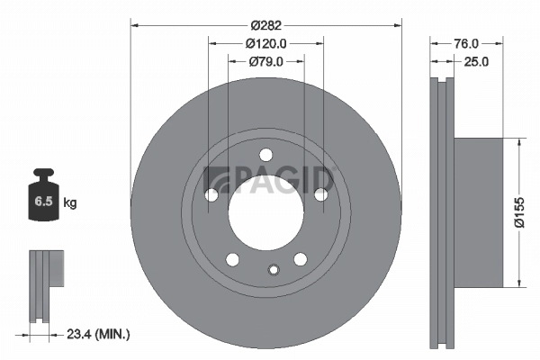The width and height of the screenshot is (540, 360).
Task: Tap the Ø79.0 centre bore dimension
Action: pos(265,61)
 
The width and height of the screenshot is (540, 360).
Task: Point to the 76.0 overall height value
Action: pos(464,42)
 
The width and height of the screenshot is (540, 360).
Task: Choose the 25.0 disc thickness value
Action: pos(474,62)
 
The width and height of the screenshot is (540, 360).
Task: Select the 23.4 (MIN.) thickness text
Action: pos(98,334)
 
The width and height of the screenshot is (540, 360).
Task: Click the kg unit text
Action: pos(70,203)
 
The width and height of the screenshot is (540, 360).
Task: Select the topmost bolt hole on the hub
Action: pos(265,154)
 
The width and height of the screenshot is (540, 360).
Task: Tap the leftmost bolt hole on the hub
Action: pos(211,194)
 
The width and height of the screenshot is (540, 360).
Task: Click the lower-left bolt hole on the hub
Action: pos(232,259)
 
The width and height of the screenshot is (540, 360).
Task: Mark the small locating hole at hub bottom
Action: pos(274,267)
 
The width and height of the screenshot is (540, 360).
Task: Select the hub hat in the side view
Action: pos(477,212)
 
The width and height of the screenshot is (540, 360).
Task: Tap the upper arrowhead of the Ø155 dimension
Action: pos(517,142)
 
